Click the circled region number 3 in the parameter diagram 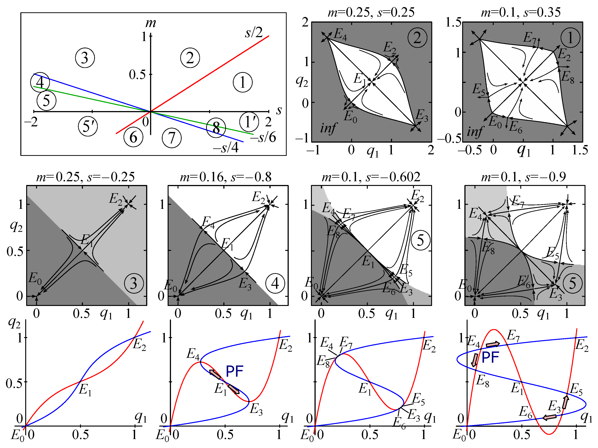click(85, 58)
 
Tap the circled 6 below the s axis click(133, 137)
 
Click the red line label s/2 click(254, 33)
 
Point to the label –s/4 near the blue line click(226, 148)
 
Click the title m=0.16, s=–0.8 click(226, 177)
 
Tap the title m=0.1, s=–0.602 click(371, 177)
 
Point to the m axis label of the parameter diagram click(151, 23)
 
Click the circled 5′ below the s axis click(88, 126)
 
